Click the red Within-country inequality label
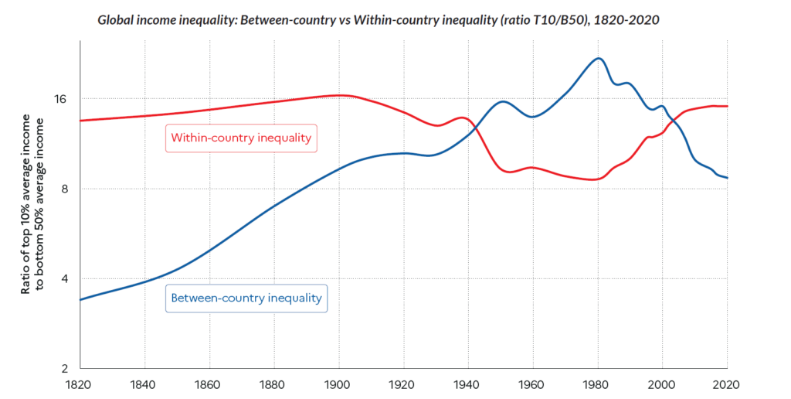[x=241, y=138]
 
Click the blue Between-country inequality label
[x=246, y=298]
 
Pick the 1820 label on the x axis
[x=80, y=384]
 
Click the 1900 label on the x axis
[x=339, y=384]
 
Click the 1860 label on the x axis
[x=209, y=384]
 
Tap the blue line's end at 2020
[x=727, y=178]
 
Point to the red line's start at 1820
[x=81, y=121]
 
